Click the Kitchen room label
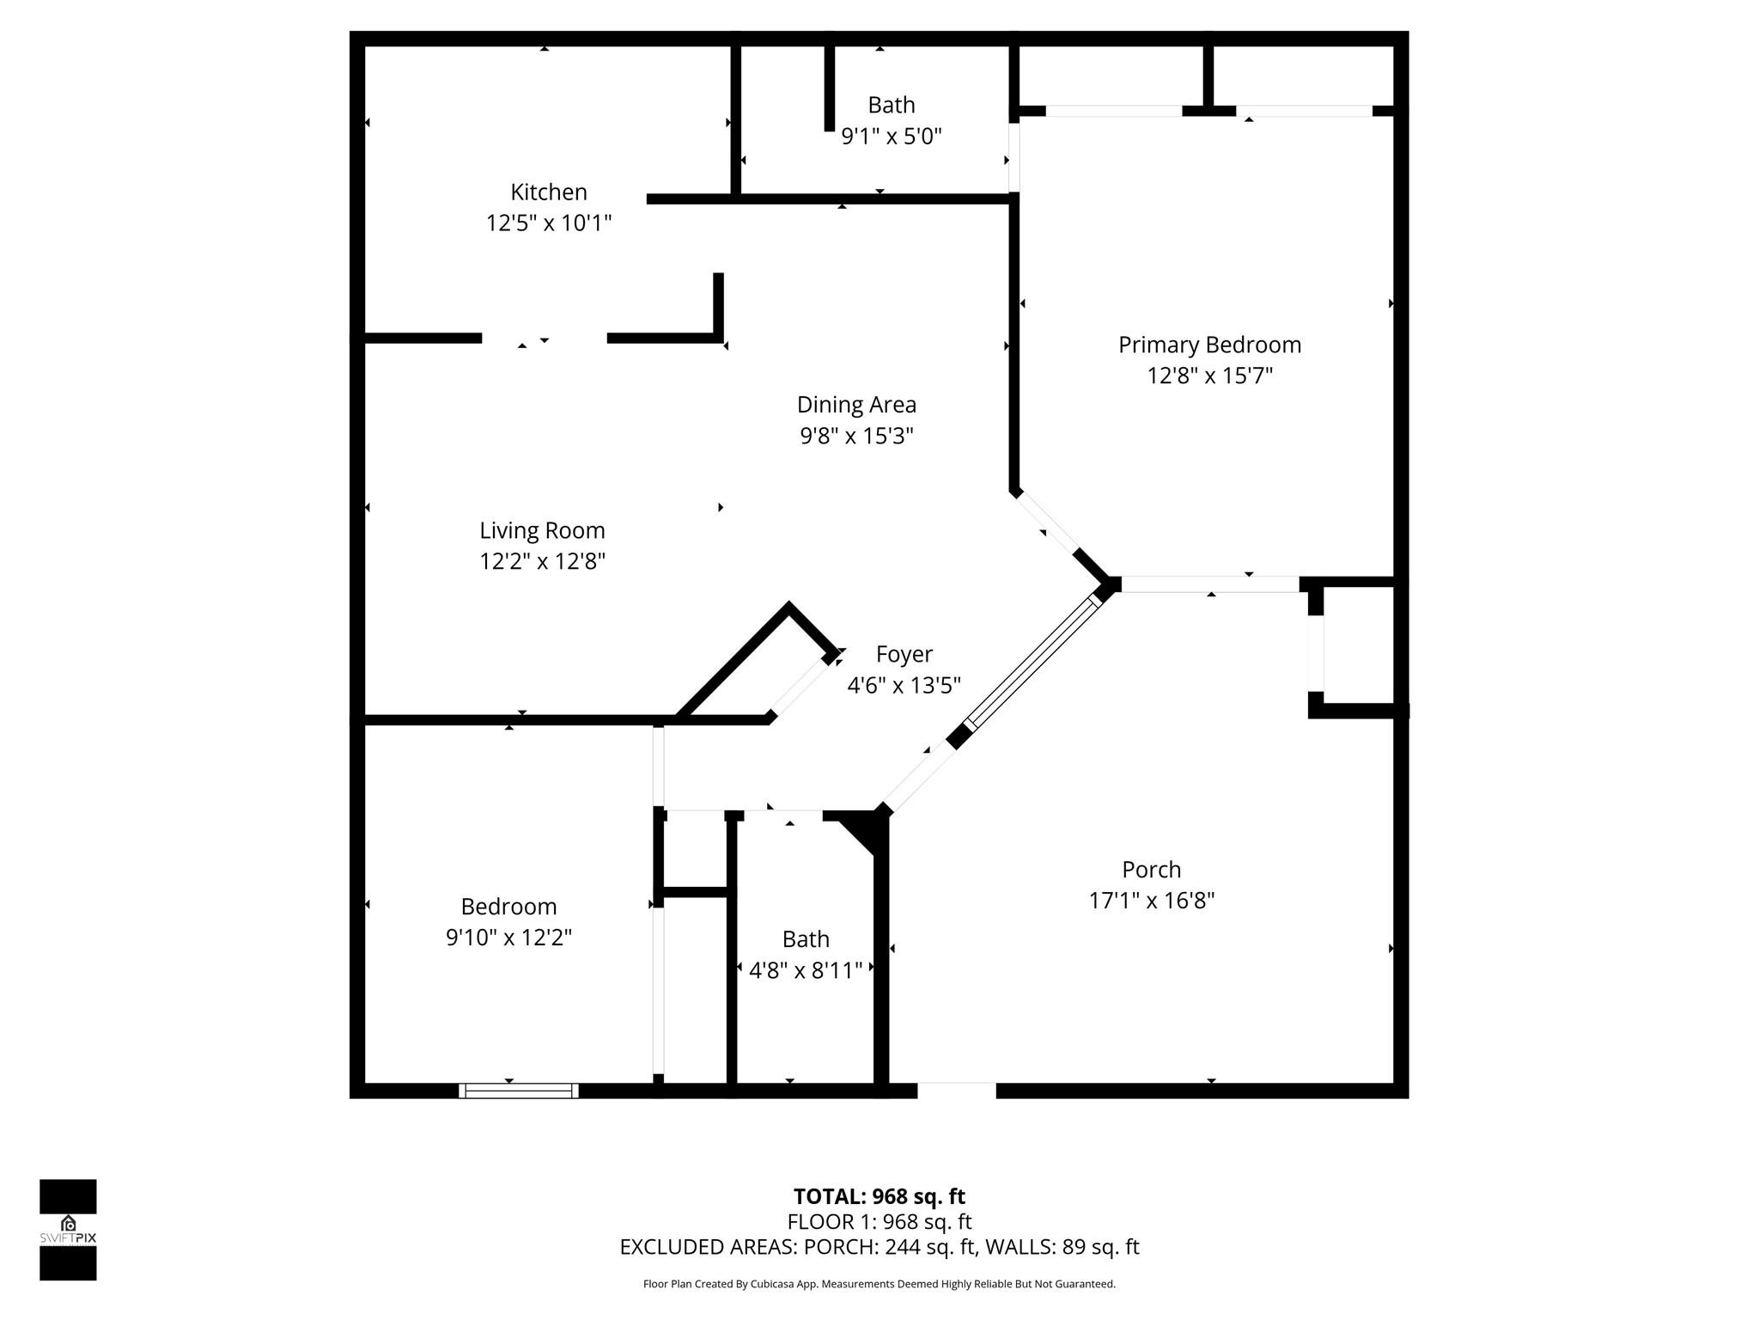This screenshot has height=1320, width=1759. click(548, 192)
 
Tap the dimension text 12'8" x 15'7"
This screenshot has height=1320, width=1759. click(1209, 376)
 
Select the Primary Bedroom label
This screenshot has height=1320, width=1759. click(1209, 345)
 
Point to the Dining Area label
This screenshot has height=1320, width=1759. click(856, 405)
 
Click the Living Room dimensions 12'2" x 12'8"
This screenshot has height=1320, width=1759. click(542, 561)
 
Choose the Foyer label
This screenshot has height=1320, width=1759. click(904, 654)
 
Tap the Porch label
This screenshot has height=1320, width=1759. click(1151, 869)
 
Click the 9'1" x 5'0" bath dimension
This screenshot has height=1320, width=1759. click(891, 136)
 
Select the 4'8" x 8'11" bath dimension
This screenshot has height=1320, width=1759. click(805, 970)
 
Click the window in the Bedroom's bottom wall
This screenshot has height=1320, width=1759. click(518, 1091)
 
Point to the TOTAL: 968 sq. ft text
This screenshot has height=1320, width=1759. click(879, 1196)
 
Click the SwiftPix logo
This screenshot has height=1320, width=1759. click(68, 1229)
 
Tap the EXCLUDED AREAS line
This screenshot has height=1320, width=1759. click(879, 1247)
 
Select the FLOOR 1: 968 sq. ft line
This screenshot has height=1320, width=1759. click(879, 1221)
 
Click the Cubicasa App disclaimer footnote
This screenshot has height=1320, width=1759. click(879, 1284)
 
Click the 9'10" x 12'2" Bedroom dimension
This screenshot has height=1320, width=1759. click(508, 937)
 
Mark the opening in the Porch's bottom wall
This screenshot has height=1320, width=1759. click(956, 1091)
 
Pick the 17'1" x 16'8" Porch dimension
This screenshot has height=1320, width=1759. click(1151, 901)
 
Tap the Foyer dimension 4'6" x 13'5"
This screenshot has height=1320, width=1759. click(904, 685)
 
